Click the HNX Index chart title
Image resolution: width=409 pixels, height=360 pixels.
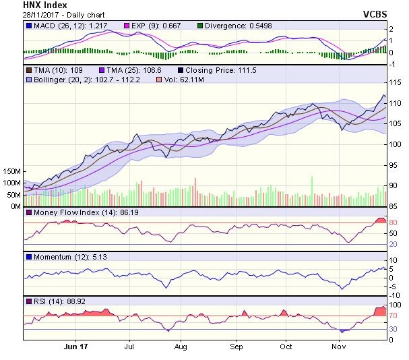(43, 5)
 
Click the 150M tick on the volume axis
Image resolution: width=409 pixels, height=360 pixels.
(11, 171)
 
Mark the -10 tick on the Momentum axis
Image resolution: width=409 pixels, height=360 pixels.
(396, 295)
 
